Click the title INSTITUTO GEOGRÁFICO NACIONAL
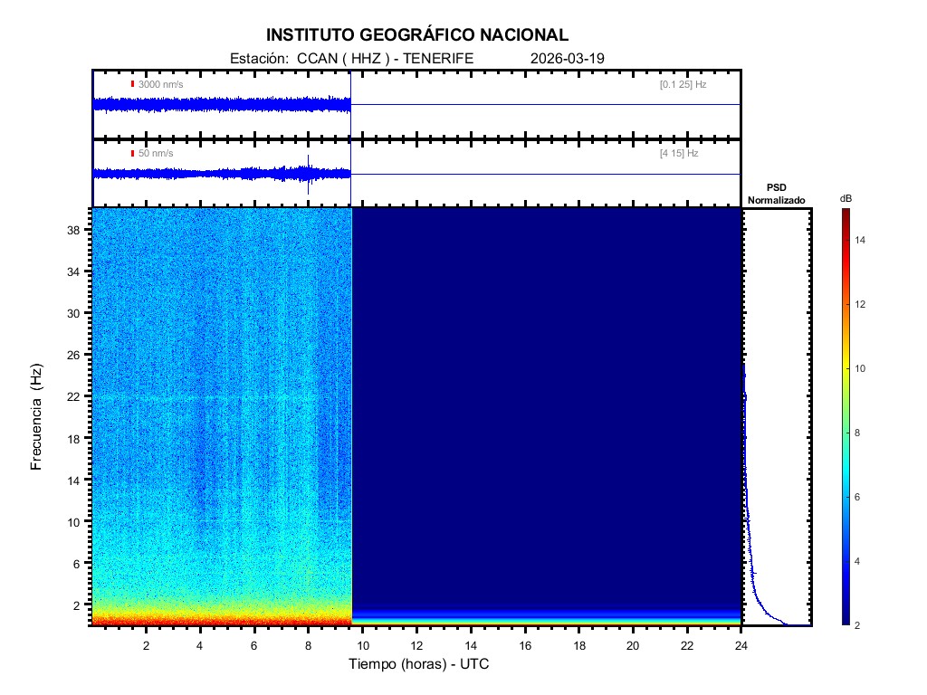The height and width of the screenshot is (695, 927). pos(417,35)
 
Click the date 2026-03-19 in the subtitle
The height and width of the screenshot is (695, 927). pos(568,58)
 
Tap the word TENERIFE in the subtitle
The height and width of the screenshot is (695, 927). pos(439,58)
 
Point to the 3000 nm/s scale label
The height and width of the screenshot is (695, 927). pos(160,84)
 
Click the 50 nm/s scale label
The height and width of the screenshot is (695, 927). pos(156,154)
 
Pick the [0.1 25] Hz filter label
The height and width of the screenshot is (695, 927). pos(683,84)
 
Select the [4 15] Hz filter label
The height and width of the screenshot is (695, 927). pos(679,154)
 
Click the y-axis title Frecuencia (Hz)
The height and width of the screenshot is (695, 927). pos(37,417)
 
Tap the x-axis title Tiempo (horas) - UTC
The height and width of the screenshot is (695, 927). pos(419,664)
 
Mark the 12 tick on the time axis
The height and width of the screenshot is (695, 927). pos(416,644)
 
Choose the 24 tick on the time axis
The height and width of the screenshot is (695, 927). pos(741,644)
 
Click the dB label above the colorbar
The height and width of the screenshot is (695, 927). pos(845,198)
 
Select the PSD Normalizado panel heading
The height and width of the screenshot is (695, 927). pos(776,194)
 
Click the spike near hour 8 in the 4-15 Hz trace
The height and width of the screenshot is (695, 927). pos(309,172)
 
